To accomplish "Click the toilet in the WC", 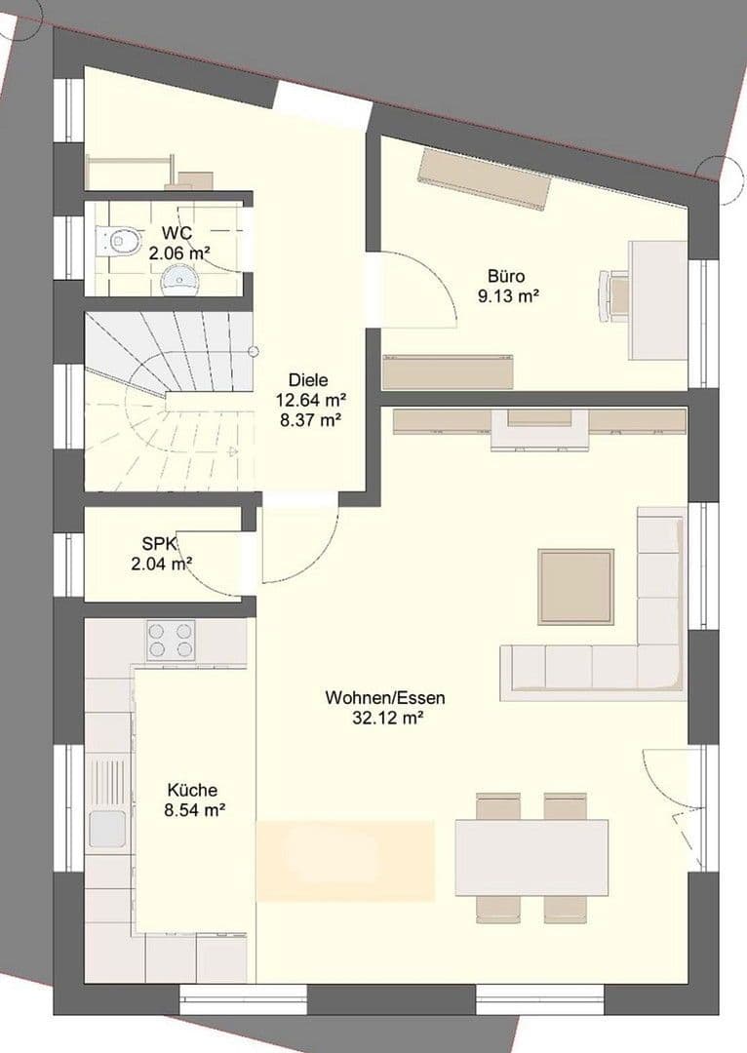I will pyautogui.click(x=119, y=240).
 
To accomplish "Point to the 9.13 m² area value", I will pyautogui.click(x=508, y=295).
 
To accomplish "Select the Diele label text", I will pyautogui.click(x=308, y=380).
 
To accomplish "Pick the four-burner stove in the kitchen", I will pyautogui.click(x=170, y=641).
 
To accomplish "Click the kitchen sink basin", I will pyautogui.click(x=107, y=829).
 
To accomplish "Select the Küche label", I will pyautogui.click(x=192, y=791).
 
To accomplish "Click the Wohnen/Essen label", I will pyautogui.click(x=386, y=698).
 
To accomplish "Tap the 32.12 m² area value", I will pyautogui.click(x=386, y=719).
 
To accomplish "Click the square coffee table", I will pyautogui.click(x=576, y=587).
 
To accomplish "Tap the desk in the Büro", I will pyautogui.click(x=657, y=299).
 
